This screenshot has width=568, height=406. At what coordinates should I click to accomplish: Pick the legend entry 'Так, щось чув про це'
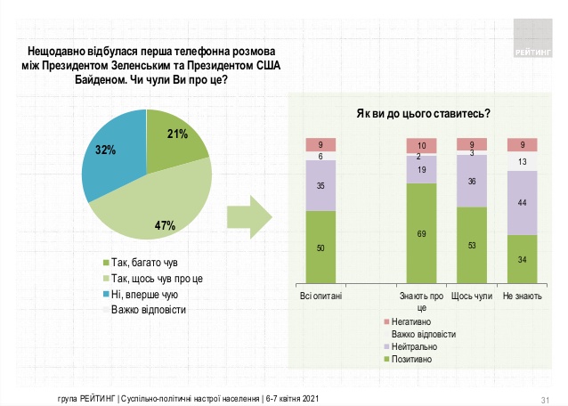[x=151, y=278]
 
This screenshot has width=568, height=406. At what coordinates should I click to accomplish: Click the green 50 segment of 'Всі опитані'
[x=321, y=247]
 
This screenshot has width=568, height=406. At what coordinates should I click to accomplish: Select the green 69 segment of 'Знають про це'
[x=421, y=232]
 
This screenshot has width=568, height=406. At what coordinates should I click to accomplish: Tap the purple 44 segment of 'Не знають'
[x=522, y=203]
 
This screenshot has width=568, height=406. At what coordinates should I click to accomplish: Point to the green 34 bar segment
[x=522, y=258]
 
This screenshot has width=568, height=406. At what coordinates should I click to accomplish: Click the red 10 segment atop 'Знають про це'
[x=421, y=146]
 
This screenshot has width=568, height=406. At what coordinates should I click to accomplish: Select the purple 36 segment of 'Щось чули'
[x=472, y=182]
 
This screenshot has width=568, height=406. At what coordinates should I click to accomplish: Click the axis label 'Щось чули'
[x=472, y=295]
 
